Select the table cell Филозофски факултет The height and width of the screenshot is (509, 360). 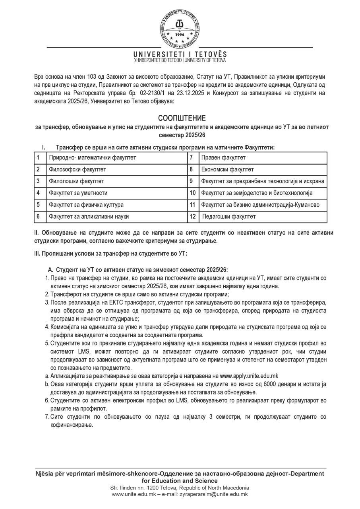pyautogui.click(x=77, y=169)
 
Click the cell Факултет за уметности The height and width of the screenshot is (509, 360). pyautogui.click(x=78, y=193)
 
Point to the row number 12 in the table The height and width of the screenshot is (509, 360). pyautogui.click(x=193, y=217)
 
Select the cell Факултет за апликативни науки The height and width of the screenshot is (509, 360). pyautogui.click(x=89, y=217)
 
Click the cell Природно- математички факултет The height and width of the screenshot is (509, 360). pyautogui.click(x=92, y=157)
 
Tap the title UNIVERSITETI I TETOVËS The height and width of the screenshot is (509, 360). pyautogui.click(x=180, y=54)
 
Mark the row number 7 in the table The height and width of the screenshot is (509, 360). pyautogui.click(x=191, y=157)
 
